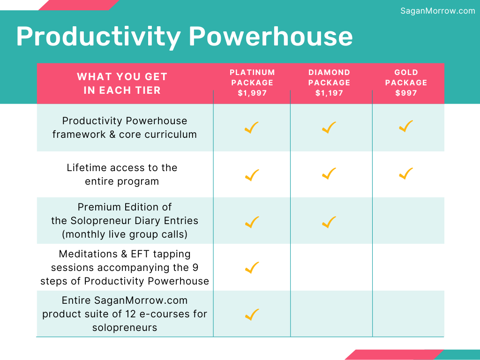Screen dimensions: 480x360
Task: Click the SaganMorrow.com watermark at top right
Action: point(438,11)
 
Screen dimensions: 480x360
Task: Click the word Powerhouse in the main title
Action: point(270,36)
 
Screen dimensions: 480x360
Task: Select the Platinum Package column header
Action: point(252,82)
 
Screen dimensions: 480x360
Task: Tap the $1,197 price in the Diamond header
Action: point(329,93)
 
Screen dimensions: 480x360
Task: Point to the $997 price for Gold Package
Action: point(406,93)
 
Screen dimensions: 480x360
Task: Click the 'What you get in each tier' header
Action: point(122,83)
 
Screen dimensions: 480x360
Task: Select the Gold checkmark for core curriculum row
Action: point(406,126)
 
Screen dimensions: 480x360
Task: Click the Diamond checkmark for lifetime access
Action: point(329,173)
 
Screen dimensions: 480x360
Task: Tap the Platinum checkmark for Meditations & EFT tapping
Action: point(252,268)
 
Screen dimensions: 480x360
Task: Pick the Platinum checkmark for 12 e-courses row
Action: point(252,315)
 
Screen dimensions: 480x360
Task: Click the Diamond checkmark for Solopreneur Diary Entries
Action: point(329,222)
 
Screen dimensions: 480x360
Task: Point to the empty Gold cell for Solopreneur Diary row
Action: point(408,220)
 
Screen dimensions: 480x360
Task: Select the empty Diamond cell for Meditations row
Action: point(331,267)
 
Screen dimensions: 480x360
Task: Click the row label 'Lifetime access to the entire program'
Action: point(122,174)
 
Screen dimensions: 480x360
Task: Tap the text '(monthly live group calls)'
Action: point(125,234)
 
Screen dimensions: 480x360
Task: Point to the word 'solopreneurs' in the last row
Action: point(125,328)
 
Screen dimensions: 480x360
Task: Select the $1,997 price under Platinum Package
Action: point(252,93)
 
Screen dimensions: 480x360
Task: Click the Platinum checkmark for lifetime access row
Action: point(252,175)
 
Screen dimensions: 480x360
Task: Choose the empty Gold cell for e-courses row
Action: point(408,314)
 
